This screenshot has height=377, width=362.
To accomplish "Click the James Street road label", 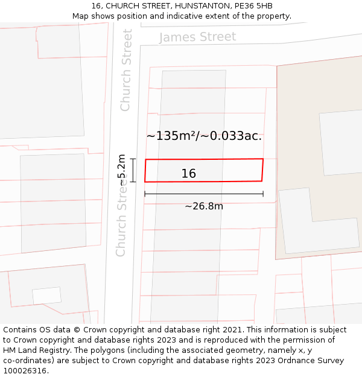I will (x=197, y=37).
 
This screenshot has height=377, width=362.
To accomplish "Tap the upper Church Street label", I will (x=126, y=71).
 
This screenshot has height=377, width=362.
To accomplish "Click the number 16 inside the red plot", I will (x=189, y=174).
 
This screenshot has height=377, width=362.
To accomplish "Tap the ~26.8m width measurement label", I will (x=204, y=206).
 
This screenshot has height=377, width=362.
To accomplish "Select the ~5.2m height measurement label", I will (x=122, y=170).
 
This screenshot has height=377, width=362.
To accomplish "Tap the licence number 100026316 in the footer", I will (x=25, y=371).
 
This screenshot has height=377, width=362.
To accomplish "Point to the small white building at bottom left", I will (x=46, y=296).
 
